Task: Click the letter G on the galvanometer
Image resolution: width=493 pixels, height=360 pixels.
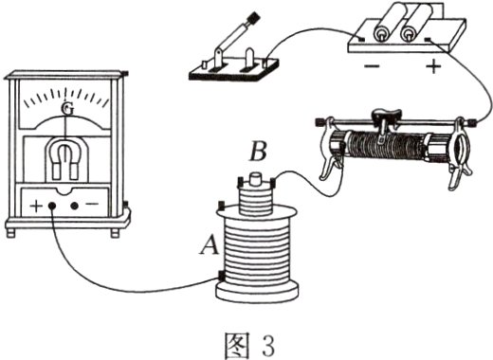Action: coord(67,109)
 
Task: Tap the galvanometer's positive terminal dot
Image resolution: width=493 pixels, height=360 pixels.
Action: coord(52,207)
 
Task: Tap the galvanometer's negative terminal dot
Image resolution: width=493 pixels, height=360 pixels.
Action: coord(75,207)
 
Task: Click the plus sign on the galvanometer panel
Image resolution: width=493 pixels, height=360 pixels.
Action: coord(36,207)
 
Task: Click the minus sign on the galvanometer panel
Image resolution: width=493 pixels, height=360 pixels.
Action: coord(92,204)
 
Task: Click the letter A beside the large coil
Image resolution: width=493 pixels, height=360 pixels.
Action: coord(210,245)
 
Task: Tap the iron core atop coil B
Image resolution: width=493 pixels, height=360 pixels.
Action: coord(255,178)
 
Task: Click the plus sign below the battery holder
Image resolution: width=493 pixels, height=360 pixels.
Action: coord(433,66)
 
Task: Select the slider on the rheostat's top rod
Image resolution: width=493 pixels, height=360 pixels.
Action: coord(386,121)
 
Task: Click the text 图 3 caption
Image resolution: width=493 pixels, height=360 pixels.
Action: coord(249,345)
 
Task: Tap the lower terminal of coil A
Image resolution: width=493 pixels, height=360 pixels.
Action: coord(221,276)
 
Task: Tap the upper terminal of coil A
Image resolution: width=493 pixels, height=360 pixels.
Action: coord(221,206)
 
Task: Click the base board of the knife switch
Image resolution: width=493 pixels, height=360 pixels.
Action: coord(234,72)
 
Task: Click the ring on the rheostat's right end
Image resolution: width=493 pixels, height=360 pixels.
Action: coord(463,147)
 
